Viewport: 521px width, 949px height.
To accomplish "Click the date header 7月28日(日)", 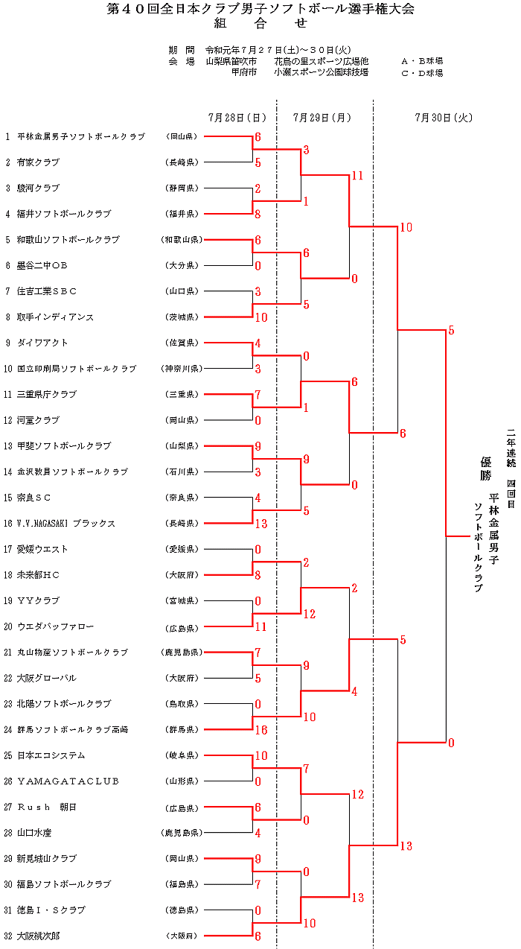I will click(237, 118).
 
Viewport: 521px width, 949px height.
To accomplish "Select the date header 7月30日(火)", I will click(444, 118).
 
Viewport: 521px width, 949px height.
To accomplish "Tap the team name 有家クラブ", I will click(38, 162).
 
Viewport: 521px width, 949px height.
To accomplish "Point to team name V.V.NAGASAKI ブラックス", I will click(66, 524).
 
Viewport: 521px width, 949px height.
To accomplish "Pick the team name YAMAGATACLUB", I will click(68, 781).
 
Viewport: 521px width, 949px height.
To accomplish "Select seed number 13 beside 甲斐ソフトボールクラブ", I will click(7, 446).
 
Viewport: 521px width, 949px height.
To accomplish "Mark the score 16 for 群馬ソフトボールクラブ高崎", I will click(260, 730).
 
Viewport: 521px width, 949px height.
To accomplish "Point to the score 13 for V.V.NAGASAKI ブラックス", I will click(260, 524).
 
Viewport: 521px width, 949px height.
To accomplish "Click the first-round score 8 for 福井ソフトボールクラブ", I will click(258, 215).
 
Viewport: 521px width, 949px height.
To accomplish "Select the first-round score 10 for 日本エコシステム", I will click(260, 755).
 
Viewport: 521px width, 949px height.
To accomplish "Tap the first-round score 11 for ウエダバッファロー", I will click(260, 626).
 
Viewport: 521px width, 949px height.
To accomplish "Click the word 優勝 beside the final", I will click(485, 469).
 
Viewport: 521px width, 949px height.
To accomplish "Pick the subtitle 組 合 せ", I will click(260, 23).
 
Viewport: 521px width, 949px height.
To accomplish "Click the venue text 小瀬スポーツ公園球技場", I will click(320, 73).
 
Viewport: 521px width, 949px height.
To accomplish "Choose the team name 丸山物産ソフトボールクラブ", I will click(72, 653).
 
